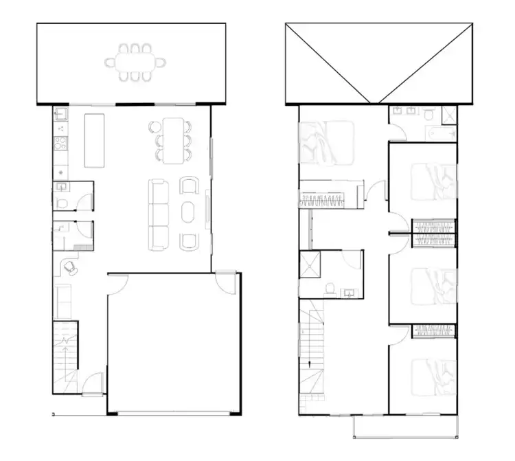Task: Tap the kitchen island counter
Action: point(95,140)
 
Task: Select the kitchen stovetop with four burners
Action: point(59,145)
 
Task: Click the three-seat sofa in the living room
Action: point(159,213)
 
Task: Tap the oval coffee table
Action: point(188,212)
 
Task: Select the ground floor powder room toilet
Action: point(62,202)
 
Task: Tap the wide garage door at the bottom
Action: point(174,413)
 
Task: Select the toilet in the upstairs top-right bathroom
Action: point(428,113)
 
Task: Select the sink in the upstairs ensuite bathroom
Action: point(350,292)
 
